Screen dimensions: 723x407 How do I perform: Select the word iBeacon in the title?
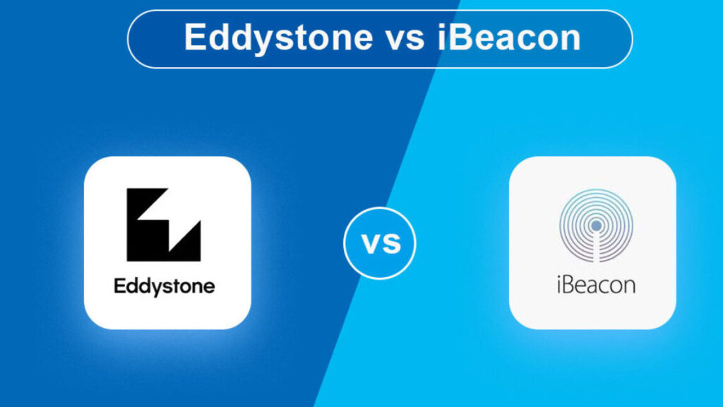tap(508, 37)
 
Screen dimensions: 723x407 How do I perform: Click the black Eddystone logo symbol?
tap(164, 224)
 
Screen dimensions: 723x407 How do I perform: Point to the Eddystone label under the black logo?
tap(164, 287)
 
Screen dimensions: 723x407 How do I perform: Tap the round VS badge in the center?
tap(379, 243)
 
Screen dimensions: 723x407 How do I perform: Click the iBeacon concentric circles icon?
tap(596, 225)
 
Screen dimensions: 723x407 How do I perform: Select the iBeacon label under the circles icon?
tap(596, 284)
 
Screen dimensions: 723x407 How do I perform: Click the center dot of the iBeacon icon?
tap(596, 225)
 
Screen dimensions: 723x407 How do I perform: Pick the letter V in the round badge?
tap(371, 244)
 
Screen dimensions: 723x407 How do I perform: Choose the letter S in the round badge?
tap(391, 244)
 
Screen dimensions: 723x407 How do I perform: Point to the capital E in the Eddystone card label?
tap(119, 286)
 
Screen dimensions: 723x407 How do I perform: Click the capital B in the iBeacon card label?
tap(568, 285)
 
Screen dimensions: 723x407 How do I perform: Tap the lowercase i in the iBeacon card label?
tap(559, 285)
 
